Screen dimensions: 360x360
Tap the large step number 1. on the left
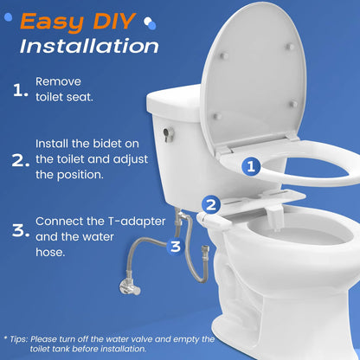20,89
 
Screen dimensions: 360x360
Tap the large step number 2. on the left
20,160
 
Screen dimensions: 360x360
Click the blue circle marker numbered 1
250,165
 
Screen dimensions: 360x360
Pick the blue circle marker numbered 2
209,204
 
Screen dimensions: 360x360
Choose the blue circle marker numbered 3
175,246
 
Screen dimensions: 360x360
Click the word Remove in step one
56,80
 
